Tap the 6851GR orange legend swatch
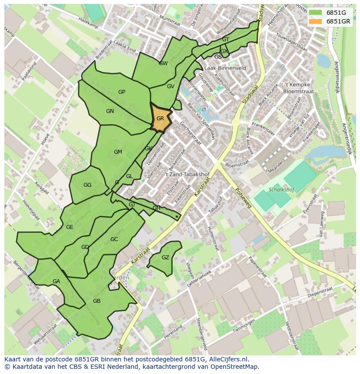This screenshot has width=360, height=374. (x=316, y=21)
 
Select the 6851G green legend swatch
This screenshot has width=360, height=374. (x=316, y=13)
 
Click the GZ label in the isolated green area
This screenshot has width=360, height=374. (x=165, y=258)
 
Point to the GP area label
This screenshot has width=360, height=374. (x=122, y=92)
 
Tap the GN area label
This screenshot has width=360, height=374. (x=110, y=111)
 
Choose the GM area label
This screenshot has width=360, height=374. (x=118, y=152)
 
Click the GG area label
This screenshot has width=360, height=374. (x=87, y=185)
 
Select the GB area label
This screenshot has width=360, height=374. (x=97, y=301)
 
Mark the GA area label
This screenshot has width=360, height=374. (x=56, y=281)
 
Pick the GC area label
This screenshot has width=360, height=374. (x=114, y=239)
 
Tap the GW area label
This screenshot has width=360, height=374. (x=163, y=63)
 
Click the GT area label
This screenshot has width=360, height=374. (x=225, y=40)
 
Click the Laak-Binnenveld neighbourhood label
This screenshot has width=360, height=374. (x=225, y=68)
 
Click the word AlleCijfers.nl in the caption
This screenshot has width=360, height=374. (x=227, y=359)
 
